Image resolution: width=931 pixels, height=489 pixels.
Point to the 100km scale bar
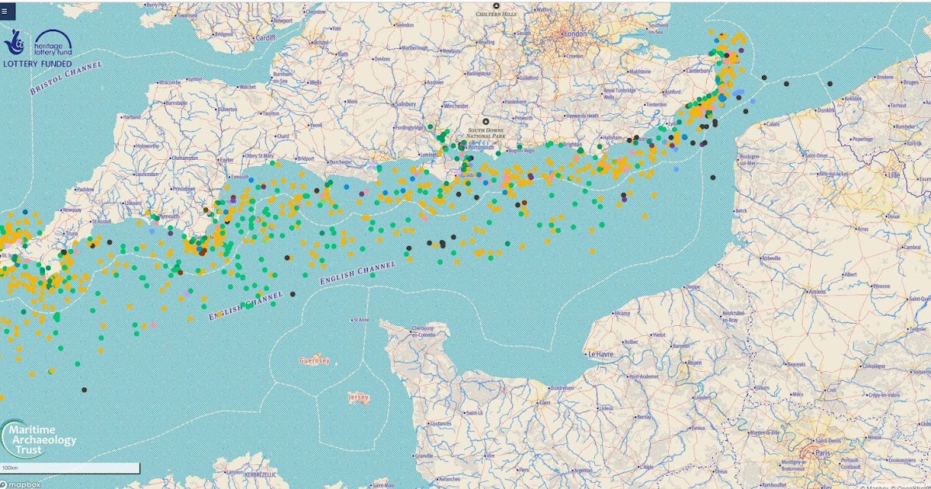coord(70,468)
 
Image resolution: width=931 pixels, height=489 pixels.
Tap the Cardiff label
coord(265,37)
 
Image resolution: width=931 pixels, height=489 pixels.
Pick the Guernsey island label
coord(314,361)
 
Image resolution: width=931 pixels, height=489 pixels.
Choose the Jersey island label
coord(358,397)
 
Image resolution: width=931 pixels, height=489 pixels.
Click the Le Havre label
coord(601,354)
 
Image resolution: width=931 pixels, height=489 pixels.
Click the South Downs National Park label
coord(486,134)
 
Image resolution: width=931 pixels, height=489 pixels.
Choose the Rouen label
coord(694,362)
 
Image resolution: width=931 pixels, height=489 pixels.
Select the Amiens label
coord(818,292)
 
